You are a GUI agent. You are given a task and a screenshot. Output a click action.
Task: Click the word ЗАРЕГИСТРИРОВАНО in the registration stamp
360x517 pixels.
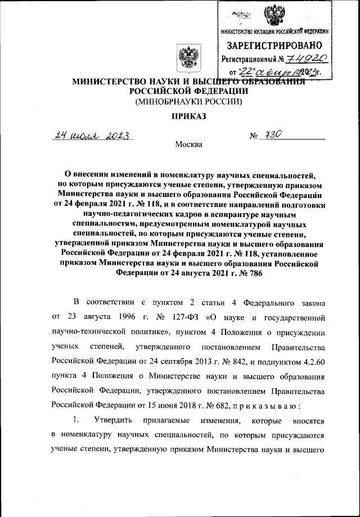pos(274,45)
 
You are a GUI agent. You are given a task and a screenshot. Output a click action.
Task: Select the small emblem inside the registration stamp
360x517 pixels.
pos(274,15)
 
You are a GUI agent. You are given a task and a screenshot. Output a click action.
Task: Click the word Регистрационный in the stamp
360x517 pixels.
pos(249,59)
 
